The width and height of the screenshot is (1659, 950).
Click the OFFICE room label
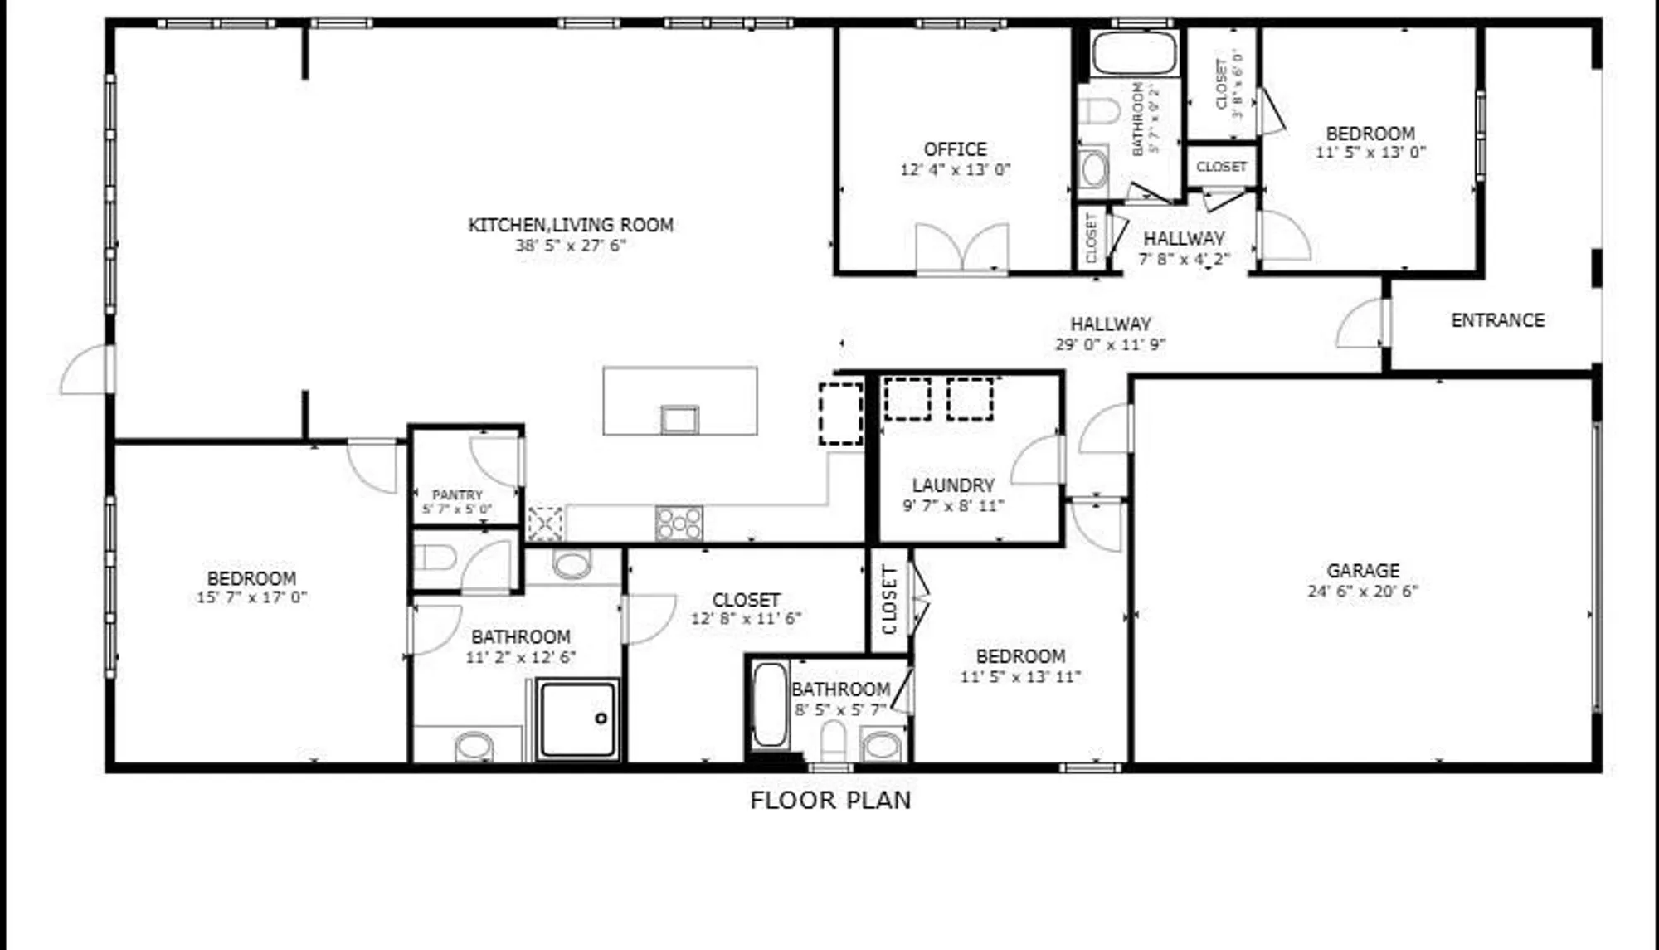955,149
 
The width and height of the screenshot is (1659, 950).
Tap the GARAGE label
1363,571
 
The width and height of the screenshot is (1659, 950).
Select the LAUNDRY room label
953,485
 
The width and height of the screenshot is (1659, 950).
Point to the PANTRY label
457,495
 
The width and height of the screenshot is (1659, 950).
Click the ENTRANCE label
1497,320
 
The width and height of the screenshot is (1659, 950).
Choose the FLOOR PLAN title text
830,801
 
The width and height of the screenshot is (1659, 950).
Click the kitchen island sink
679,419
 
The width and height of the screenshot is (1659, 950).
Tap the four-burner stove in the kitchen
679,524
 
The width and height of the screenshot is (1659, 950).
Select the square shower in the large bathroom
577,719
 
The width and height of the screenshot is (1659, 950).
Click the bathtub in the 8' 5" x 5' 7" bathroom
769,704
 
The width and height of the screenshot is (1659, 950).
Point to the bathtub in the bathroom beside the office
1134,54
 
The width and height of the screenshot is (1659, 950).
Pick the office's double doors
962,247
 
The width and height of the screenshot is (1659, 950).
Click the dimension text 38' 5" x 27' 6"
570,246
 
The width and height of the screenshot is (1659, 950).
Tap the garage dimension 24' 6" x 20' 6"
1363,592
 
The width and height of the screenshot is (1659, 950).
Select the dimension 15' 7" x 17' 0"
251,597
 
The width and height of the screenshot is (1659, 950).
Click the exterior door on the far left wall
86,370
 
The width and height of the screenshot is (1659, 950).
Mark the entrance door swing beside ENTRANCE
1360,324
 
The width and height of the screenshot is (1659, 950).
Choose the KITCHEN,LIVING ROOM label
570,225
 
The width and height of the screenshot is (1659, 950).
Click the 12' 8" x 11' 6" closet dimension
746,619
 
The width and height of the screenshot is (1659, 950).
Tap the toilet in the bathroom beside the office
1099,111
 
